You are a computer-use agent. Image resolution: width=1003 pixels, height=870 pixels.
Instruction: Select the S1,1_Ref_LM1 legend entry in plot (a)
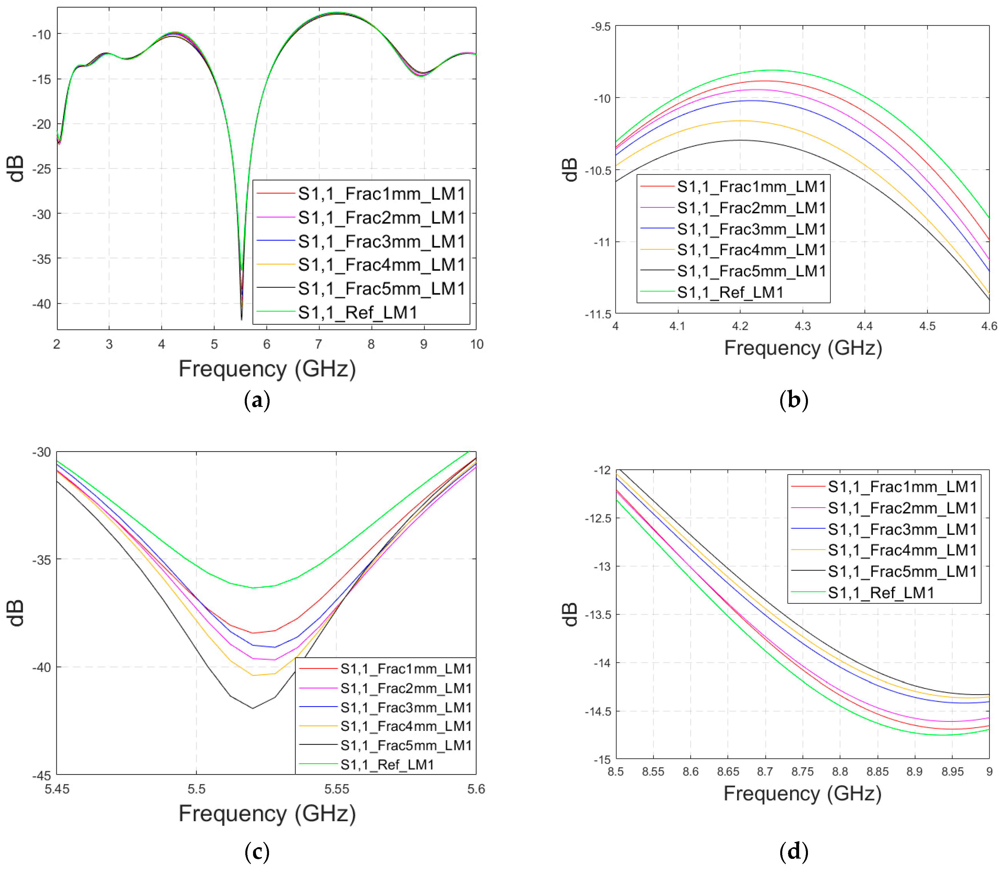(x=357, y=313)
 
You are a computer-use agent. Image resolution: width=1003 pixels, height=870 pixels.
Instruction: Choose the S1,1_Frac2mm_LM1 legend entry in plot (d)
(x=902, y=508)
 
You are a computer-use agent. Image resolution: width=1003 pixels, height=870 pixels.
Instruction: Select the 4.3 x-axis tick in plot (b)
(x=803, y=326)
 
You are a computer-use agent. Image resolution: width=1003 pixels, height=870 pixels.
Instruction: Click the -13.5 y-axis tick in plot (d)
(x=597, y=615)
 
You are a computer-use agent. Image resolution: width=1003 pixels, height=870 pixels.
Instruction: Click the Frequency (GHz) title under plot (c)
(x=267, y=813)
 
